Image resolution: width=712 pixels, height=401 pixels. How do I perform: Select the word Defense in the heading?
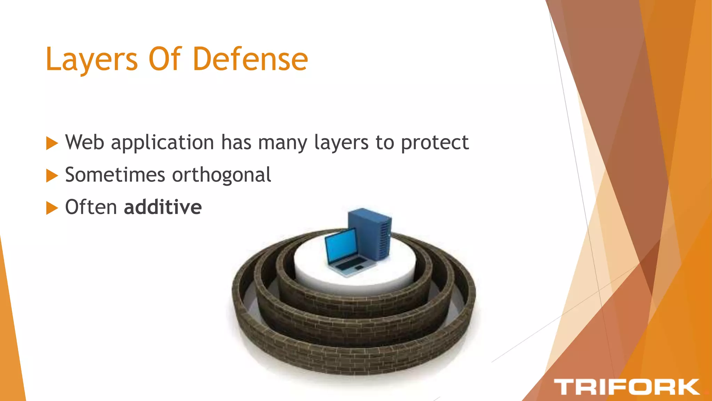[x=250, y=59]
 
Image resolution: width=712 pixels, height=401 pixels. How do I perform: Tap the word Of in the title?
[x=165, y=59]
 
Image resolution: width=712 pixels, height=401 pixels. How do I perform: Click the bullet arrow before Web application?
[x=52, y=143]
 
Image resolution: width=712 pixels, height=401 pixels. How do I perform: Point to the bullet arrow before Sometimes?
[x=52, y=175]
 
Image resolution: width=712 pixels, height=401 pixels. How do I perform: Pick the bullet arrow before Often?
[x=52, y=208]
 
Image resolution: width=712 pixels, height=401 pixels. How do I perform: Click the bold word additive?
[x=163, y=207]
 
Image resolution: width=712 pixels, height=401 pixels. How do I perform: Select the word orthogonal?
[x=221, y=175]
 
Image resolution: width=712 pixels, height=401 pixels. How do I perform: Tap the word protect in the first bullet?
[x=435, y=143]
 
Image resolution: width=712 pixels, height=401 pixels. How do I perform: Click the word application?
[x=162, y=143]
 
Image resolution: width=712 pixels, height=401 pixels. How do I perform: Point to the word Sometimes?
[x=115, y=175]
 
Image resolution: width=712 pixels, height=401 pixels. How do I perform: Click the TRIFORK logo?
[x=626, y=387]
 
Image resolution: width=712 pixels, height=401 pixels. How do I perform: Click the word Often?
[x=91, y=207]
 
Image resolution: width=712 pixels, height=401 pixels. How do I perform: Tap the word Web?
[x=84, y=142]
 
